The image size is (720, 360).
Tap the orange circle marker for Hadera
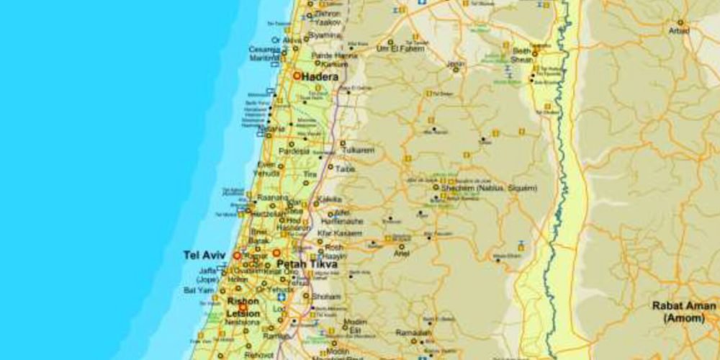[x=297, y=76]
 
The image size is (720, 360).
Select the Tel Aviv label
[x=204, y=255]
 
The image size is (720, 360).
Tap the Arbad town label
[x=678, y=31]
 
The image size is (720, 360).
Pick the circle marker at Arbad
[x=680, y=22]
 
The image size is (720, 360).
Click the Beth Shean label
[x=521, y=55]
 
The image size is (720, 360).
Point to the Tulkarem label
[x=359, y=150]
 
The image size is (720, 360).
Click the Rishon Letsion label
[x=243, y=306]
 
